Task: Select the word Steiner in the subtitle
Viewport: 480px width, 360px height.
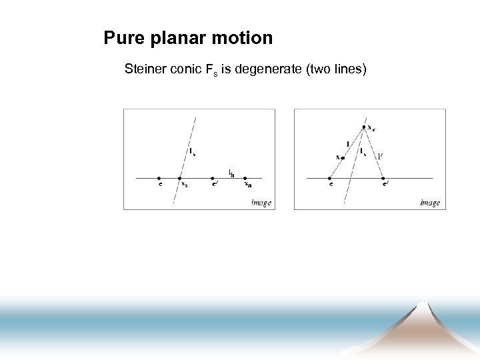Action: tap(145, 69)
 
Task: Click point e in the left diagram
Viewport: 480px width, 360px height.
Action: tap(159, 178)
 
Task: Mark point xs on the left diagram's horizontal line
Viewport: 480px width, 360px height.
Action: tap(179, 178)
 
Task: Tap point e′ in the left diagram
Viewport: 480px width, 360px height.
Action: tap(213, 178)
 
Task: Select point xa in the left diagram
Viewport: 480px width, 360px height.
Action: tap(245, 178)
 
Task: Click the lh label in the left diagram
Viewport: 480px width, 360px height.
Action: tap(231, 173)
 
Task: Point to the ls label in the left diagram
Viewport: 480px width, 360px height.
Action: tap(192, 152)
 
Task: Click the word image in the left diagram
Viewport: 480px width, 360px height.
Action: tap(261, 202)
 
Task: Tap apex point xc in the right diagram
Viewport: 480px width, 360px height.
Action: tap(364, 127)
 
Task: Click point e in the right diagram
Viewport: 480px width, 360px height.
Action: tap(330, 178)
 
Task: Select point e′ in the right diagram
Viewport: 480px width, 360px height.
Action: tap(384, 178)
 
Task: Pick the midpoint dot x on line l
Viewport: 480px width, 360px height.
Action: tap(343, 158)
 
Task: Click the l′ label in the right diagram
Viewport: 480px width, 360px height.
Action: tap(379, 157)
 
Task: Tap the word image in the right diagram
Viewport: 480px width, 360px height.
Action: tap(430, 202)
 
